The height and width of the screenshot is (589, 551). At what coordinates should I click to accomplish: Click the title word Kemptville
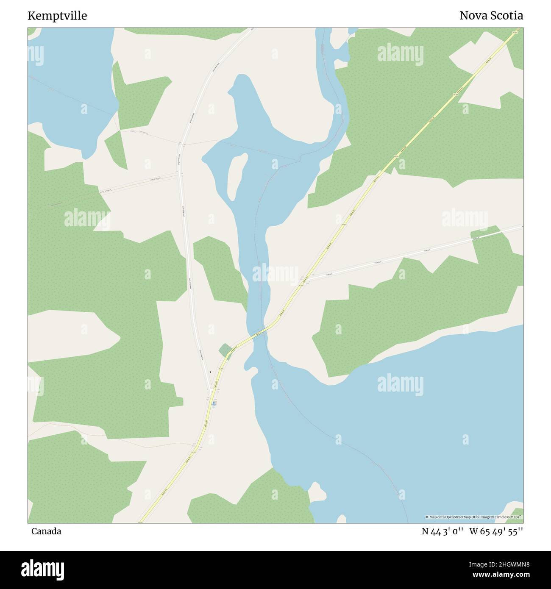[x=57, y=16]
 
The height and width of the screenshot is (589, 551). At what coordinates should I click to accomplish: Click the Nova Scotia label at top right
[x=491, y=16]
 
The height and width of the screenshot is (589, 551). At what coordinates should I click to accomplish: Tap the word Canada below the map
[x=46, y=531]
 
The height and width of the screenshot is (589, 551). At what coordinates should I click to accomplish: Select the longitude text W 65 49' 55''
[x=496, y=531]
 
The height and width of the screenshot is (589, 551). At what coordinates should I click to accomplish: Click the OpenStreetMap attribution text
[x=473, y=517]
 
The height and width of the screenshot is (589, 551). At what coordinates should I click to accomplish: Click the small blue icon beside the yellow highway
[x=214, y=403]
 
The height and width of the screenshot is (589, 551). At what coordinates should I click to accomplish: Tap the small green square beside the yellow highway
[x=225, y=351]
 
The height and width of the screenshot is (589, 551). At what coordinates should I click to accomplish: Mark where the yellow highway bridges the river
[x=259, y=333]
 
